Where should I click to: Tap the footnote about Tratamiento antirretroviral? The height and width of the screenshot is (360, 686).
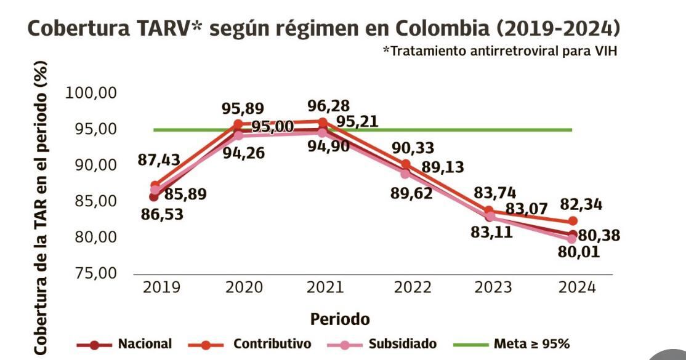click(x=500, y=52)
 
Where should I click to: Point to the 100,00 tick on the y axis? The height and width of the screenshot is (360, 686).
click(x=91, y=93)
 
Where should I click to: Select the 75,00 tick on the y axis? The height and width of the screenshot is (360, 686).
click(x=95, y=273)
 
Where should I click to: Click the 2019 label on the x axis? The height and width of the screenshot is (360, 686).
click(x=162, y=287)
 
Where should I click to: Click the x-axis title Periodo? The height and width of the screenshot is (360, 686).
click(x=340, y=319)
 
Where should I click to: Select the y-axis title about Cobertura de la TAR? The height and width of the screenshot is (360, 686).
click(x=40, y=207)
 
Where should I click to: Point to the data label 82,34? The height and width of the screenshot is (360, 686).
click(x=581, y=205)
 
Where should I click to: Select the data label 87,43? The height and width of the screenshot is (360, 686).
click(x=159, y=159)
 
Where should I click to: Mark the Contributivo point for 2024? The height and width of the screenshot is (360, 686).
click(x=573, y=221)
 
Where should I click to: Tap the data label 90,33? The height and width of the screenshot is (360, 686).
click(x=413, y=148)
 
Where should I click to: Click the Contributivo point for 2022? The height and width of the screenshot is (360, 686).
click(x=406, y=164)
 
